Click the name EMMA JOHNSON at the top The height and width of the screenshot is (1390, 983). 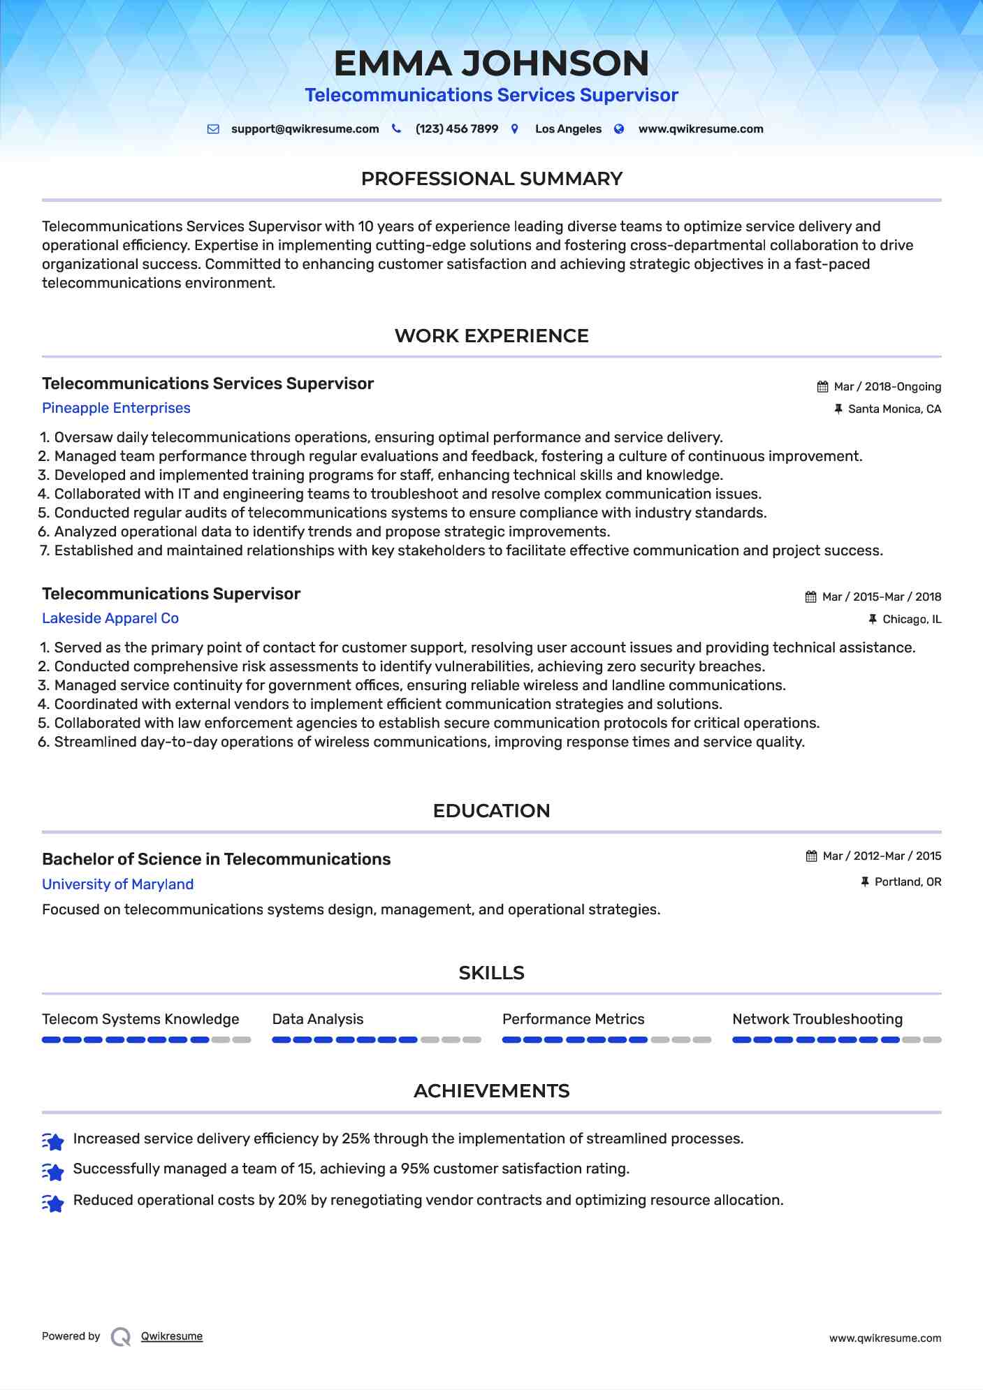(491, 64)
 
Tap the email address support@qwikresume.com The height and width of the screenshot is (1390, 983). (305, 129)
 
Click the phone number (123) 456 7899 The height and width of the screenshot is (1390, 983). (456, 129)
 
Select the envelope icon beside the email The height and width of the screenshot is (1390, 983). (213, 129)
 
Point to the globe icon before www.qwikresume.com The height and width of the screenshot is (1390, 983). (619, 129)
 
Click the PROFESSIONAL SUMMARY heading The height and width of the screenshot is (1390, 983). (491, 179)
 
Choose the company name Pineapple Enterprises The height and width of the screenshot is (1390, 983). (116, 408)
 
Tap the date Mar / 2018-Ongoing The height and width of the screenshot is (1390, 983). (887, 387)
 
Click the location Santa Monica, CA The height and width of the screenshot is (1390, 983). (894, 409)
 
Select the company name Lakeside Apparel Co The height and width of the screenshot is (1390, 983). (110, 618)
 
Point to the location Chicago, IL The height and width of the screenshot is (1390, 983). (912, 620)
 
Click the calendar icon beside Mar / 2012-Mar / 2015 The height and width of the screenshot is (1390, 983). (811, 856)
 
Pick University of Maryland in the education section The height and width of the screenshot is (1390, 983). (117, 884)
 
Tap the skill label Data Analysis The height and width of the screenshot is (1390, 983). (318, 1019)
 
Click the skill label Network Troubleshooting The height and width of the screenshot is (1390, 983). (817, 1019)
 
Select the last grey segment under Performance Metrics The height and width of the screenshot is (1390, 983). (701, 1040)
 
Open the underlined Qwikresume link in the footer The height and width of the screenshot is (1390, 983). (172, 1336)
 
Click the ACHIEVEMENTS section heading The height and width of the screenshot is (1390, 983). (491, 1091)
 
